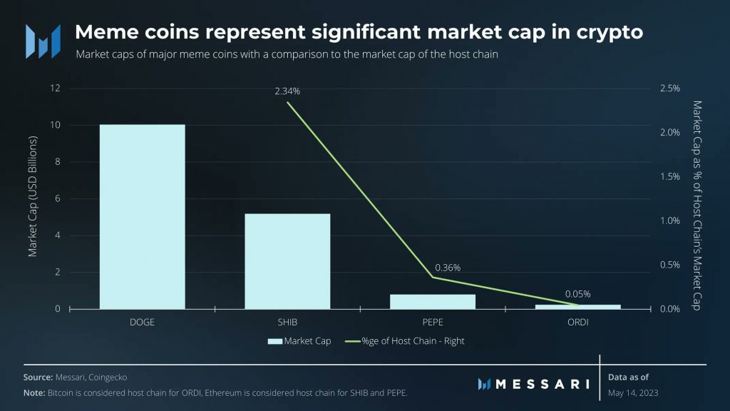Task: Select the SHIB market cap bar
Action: click(287, 261)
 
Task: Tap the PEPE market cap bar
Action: click(433, 301)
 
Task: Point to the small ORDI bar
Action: click(578, 306)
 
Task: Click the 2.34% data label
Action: click(287, 91)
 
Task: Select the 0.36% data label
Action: click(448, 268)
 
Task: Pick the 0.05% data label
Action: click(577, 293)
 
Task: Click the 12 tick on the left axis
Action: click(55, 88)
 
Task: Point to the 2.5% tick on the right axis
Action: click(670, 88)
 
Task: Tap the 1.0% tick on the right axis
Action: click(670, 220)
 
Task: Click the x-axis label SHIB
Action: click(287, 322)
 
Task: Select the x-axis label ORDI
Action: click(578, 322)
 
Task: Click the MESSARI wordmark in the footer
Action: click(542, 384)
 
